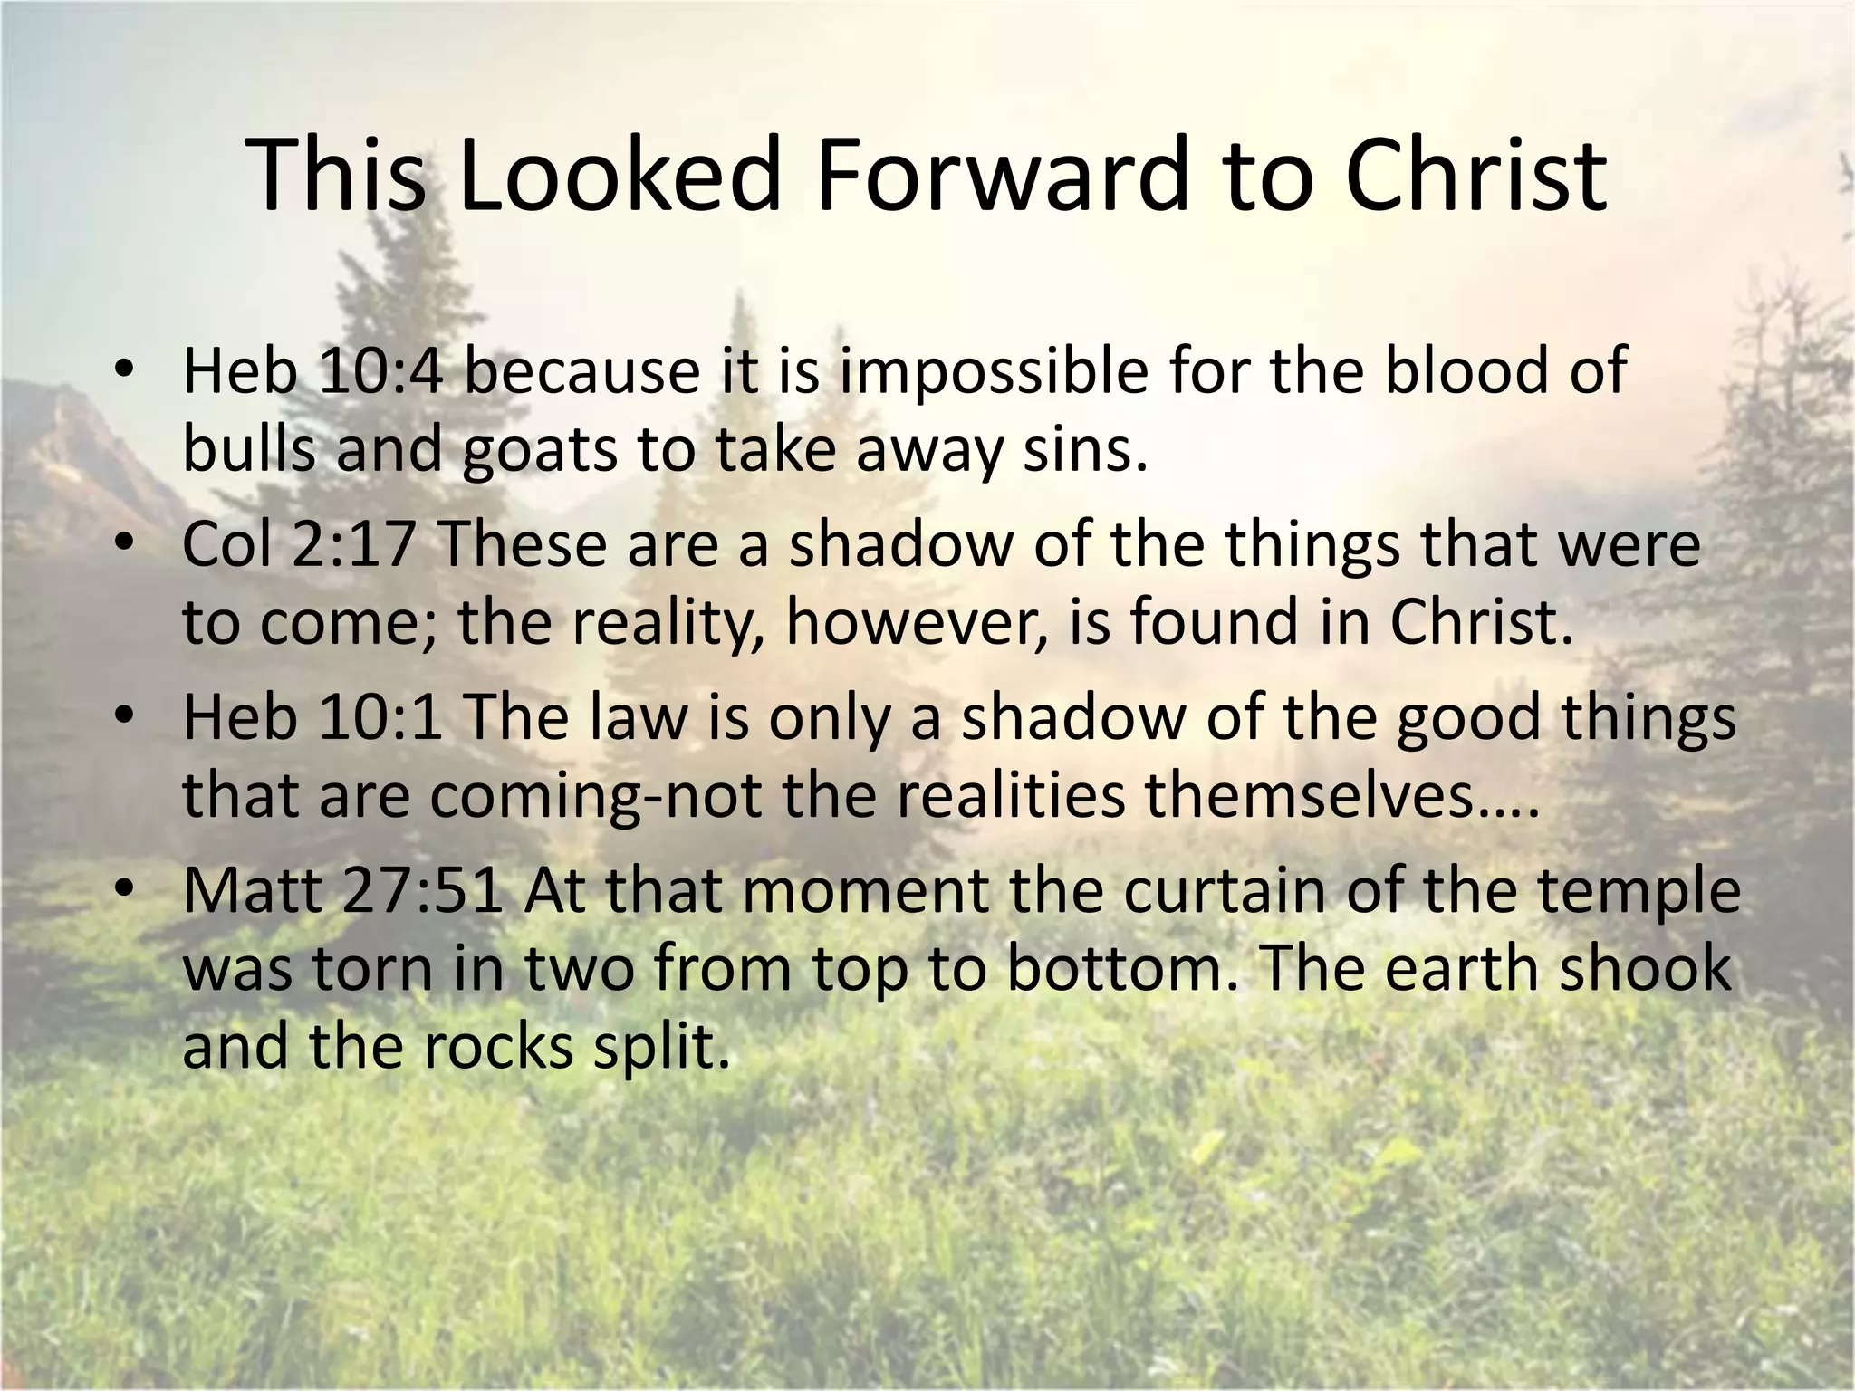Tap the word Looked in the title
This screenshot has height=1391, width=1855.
619,176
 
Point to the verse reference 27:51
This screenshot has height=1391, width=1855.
423,891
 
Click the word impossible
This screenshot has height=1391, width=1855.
992,373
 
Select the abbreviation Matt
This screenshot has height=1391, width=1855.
253,891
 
